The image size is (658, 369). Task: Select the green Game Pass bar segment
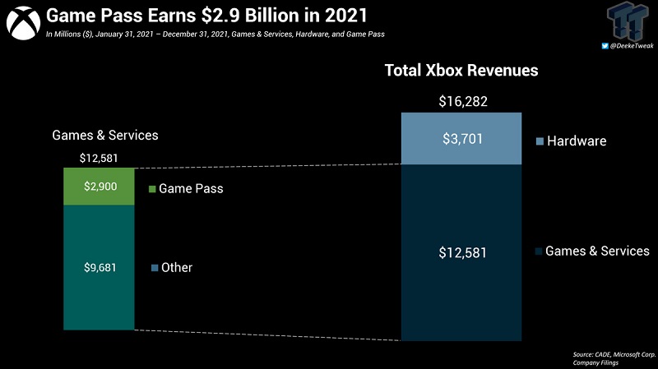[x=99, y=187]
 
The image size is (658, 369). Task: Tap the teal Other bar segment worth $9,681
[x=99, y=267]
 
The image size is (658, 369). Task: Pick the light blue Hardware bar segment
[x=461, y=138]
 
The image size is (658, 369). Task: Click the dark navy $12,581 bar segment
[x=461, y=252]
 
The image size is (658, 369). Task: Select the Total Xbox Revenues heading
[x=461, y=71]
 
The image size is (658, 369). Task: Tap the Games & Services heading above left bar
[x=105, y=135]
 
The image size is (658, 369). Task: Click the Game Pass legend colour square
[x=152, y=189]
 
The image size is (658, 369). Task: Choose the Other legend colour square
[x=155, y=268]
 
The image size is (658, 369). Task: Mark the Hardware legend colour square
[x=540, y=141]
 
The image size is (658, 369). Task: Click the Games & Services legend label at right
[x=597, y=251]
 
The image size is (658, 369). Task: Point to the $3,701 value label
[x=461, y=139]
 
